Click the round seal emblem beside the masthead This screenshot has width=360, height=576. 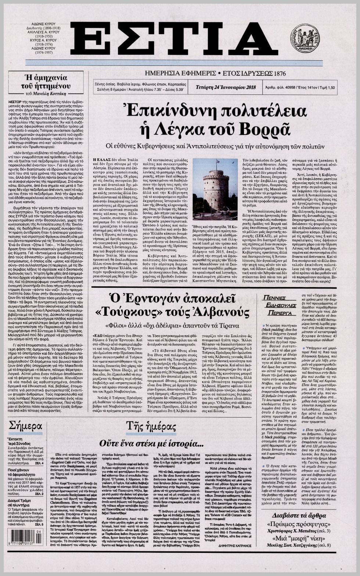305,38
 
